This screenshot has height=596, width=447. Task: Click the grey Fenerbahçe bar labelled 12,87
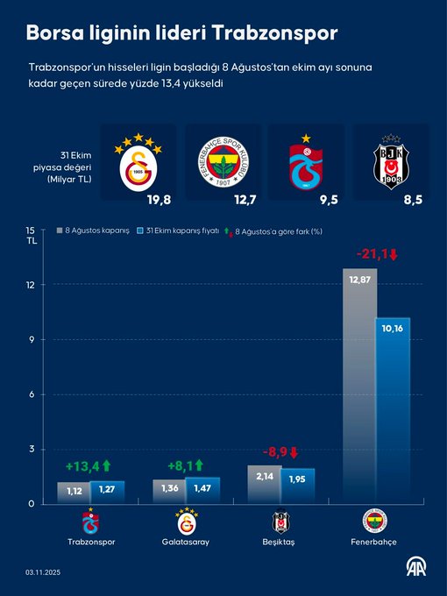click(359, 386)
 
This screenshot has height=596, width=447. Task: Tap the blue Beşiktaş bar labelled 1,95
click(297, 486)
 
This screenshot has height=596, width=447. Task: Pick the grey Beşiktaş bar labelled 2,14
click(264, 484)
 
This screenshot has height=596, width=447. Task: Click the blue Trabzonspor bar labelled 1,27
click(108, 492)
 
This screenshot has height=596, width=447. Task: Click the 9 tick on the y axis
click(31, 340)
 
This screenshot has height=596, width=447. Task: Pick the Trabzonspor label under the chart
click(90, 542)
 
